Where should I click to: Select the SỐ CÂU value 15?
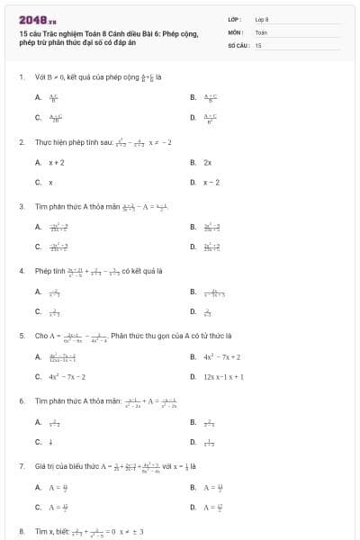pyautogui.click(x=258, y=44)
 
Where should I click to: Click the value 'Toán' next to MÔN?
pyautogui.click(x=261, y=31)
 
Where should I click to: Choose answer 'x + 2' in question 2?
pyautogui.click(x=56, y=163)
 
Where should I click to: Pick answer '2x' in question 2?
pyautogui.click(x=207, y=163)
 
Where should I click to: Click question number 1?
pyautogui.click(x=21, y=76)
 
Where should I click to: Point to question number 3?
pyautogui.click(x=21, y=206)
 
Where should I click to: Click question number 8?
pyautogui.click(x=21, y=531)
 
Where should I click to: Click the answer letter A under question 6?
pyautogui.click(x=38, y=422)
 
